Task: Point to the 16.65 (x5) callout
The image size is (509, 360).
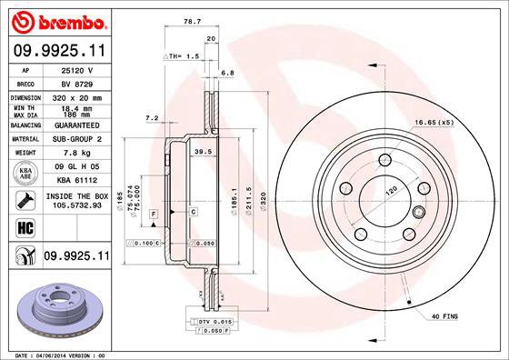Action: click(435, 122)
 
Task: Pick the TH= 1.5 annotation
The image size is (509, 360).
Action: click(182, 56)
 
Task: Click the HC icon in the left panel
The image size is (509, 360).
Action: click(25, 227)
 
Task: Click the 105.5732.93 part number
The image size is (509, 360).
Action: click(75, 207)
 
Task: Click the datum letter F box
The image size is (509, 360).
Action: click(155, 212)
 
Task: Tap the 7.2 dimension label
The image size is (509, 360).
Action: click(152, 118)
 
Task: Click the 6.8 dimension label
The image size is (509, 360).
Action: click(227, 73)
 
